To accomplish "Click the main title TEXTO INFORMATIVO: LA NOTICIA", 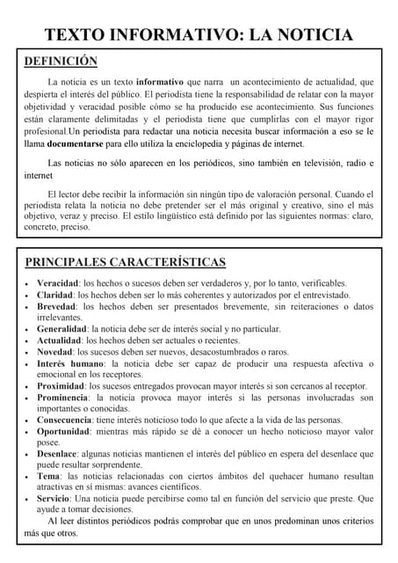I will (x=199, y=35).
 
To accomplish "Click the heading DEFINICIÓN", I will (x=61, y=62).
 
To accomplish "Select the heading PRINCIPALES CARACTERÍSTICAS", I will (x=125, y=262).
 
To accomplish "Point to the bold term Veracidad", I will (x=57, y=283).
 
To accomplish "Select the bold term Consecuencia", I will (x=64, y=420).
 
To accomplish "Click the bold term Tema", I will (x=48, y=476).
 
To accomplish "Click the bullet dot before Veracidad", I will (x=28, y=284).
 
